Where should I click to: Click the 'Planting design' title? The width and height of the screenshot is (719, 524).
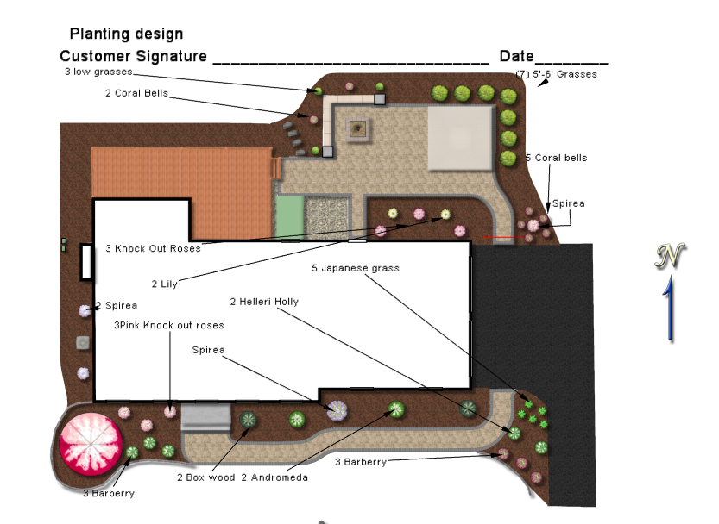coord(126,34)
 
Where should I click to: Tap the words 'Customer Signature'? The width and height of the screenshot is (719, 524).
coord(134,56)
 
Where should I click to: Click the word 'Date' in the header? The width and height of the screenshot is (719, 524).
coord(517,56)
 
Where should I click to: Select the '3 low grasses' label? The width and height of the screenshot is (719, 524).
coord(98,72)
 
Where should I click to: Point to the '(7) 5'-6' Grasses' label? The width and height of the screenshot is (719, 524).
coord(556,74)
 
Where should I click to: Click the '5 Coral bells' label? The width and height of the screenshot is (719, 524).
coord(556,158)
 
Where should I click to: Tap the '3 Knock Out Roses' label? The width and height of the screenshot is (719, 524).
coord(153,249)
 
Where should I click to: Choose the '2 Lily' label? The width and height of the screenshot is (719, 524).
coord(164,284)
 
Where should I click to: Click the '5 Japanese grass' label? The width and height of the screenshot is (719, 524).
coord(356,268)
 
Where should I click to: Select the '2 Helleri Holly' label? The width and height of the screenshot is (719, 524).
coord(264,302)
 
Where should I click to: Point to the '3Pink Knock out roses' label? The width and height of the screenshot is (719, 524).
coord(169,325)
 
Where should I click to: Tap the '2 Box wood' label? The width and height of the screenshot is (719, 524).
coord(206,477)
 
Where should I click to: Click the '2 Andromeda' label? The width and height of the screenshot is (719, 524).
coord(274,477)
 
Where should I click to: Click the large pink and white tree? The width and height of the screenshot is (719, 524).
coord(91,443)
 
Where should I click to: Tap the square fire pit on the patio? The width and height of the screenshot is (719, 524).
coord(357,129)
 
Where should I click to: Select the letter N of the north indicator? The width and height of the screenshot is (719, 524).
coord(670,255)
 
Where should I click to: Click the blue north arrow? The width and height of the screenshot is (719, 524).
coord(670,308)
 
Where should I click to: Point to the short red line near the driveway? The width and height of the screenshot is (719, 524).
coord(503,237)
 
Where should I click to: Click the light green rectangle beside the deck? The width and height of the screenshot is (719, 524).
coord(290,217)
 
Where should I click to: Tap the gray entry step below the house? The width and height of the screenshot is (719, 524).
coord(206,417)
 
